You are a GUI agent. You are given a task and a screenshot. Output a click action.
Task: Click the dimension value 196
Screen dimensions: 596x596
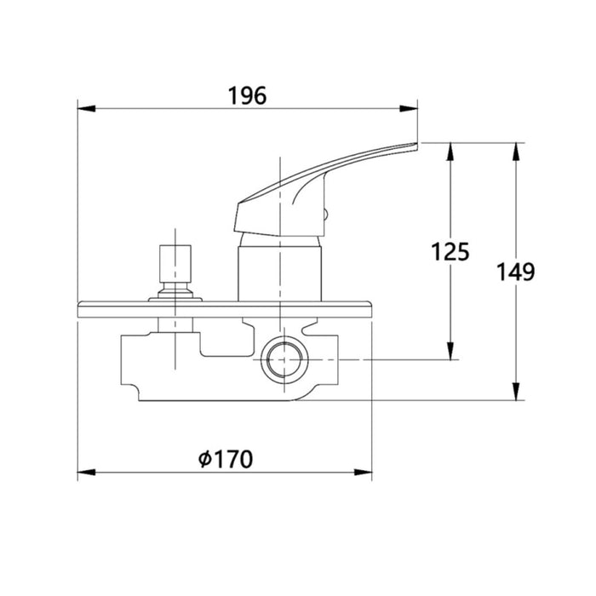(247, 95)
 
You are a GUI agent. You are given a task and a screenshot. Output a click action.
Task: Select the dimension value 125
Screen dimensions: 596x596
(450, 252)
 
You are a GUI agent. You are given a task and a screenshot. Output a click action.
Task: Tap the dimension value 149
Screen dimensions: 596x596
(516, 272)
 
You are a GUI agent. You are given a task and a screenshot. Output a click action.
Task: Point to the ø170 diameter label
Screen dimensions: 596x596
(226, 459)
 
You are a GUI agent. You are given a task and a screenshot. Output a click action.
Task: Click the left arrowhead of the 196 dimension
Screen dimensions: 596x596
(86, 109)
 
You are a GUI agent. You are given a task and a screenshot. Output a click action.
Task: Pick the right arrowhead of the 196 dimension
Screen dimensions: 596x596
(409, 109)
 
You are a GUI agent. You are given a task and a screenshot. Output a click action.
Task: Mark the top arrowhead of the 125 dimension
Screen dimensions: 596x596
(450, 152)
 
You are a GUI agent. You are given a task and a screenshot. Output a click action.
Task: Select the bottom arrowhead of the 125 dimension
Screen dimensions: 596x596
(450, 351)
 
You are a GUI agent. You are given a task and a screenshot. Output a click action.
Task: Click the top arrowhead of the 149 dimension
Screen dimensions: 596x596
(516, 152)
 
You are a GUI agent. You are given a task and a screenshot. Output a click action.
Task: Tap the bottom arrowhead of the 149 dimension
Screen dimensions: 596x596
(516, 391)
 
